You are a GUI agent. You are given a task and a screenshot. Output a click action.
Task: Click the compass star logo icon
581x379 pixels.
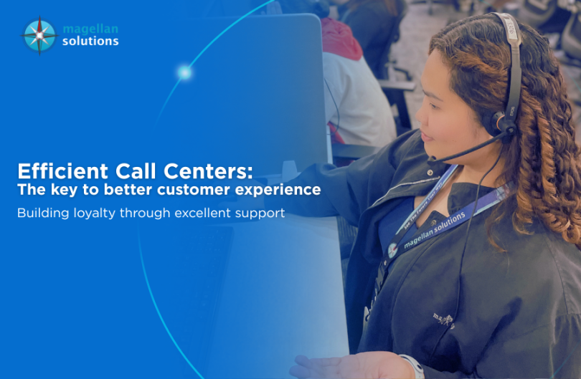point(39,34)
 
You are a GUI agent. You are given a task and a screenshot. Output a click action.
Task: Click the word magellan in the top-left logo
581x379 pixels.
point(90,29)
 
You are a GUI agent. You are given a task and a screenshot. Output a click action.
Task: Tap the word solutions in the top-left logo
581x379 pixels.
point(90,42)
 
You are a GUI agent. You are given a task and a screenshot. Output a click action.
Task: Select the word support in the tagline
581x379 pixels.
point(263,214)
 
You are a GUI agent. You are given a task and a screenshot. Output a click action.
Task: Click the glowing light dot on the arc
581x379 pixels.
point(184,72)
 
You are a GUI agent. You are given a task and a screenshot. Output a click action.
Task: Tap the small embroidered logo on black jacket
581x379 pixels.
point(443,318)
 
